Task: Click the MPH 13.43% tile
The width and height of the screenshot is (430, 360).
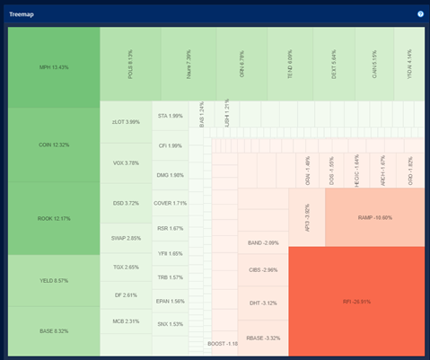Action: tap(54, 67)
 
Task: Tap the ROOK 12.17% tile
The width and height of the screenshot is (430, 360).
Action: tap(54, 218)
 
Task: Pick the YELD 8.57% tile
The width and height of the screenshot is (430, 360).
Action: tap(54, 280)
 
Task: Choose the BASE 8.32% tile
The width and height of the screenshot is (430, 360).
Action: tap(54, 331)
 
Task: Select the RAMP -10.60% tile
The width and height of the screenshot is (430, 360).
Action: tap(375, 217)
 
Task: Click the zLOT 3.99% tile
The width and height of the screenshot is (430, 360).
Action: tap(126, 122)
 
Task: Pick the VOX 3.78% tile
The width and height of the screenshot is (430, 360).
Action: tap(126, 162)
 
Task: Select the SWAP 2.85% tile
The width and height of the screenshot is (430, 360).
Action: tap(126, 238)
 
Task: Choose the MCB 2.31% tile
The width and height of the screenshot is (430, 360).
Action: tap(126, 320)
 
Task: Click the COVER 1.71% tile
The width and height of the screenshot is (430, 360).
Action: tap(170, 203)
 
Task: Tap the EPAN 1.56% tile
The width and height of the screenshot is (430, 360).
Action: tap(170, 301)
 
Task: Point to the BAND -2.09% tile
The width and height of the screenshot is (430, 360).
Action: tap(263, 242)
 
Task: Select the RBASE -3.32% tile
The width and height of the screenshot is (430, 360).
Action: tap(263, 338)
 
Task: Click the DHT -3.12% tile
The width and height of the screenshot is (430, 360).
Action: tap(263, 303)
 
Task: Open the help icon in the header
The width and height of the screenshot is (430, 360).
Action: tap(419, 14)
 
